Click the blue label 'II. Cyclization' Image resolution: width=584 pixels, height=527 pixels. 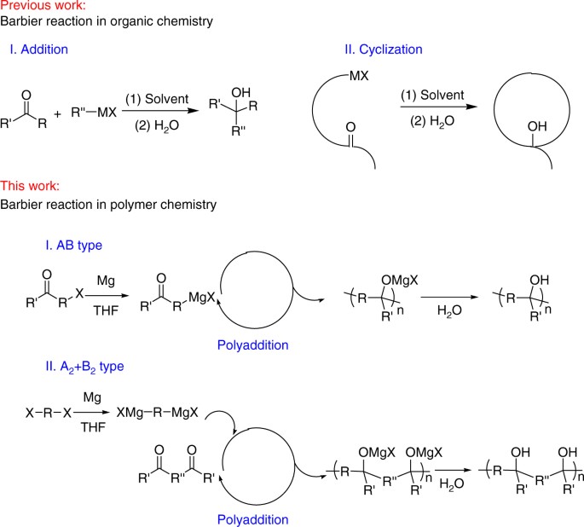pyautogui.click(x=383, y=49)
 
